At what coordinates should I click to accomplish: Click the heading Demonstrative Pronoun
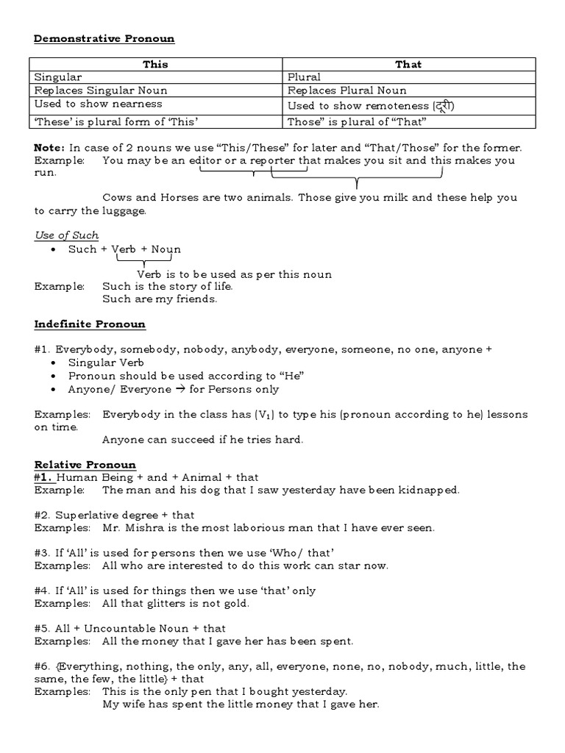click(104, 39)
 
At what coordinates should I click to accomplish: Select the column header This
click(155, 65)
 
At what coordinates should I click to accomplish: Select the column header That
click(408, 65)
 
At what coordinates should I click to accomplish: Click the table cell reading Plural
click(304, 77)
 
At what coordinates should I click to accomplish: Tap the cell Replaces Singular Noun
click(101, 91)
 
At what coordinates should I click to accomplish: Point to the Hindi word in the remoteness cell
click(444, 106)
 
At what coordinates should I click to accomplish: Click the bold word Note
click(49, 146)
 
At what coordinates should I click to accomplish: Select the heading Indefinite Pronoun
click(90, 324)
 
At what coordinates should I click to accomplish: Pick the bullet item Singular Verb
click(106, 363)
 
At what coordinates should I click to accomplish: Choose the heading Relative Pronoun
click(85, 465)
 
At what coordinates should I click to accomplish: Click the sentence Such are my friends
click(160, 299)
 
